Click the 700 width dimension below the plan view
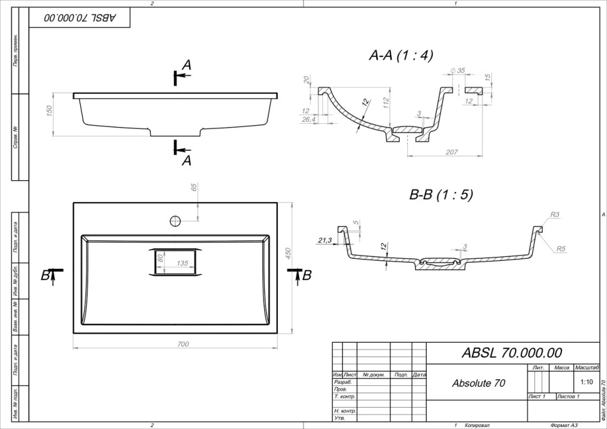183,344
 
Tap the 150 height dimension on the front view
49,110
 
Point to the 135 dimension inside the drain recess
182,263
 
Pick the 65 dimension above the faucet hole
194,187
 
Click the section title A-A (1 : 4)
400,56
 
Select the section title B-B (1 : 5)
441,194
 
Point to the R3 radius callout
554,214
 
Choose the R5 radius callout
561,249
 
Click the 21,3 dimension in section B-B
324,240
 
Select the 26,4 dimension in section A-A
308,118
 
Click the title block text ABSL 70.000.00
511,353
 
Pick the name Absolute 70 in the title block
478,383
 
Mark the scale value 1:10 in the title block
586,381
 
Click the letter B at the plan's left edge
45,275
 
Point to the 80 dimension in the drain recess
160,258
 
